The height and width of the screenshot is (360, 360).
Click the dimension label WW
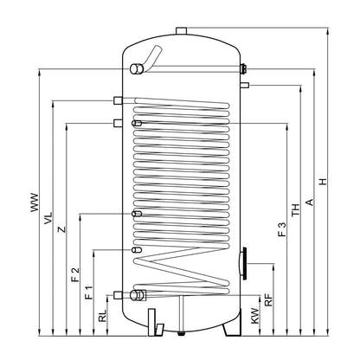[x=35, y=202]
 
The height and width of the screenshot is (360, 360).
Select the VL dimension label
[x=48, y=218]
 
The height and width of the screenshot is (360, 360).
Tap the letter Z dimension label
[x=61, y=229]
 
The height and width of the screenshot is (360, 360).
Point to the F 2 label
[x=75, y=274]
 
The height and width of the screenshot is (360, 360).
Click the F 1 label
[x=89, y=292]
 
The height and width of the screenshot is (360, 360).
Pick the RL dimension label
[x=102, y=316]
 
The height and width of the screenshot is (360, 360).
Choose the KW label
[x=255, y=316]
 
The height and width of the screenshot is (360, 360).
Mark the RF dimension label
[x=268, y=299]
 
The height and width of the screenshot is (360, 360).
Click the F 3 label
[x=282, y=229]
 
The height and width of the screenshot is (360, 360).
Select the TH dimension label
[x=296, y=210]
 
